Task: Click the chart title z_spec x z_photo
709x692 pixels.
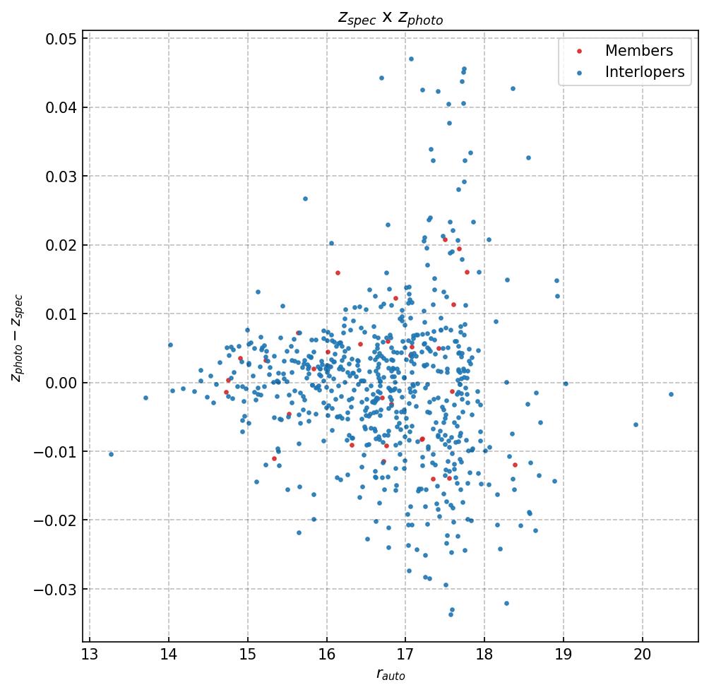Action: point(391,18)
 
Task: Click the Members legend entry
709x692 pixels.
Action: point(638,51)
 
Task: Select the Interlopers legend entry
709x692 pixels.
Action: point(644,72)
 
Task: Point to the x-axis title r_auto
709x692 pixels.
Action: point(391,675)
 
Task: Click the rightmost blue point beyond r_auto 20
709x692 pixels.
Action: point(671,394)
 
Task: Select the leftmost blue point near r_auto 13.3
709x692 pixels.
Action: point(111,454)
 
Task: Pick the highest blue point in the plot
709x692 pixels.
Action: point(411,59)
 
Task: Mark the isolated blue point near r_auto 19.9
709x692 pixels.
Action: point(636,424)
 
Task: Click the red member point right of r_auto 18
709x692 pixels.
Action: point(515,465)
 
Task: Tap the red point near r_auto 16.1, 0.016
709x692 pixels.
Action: point(338,273)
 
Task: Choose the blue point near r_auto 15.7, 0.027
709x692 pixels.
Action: point(305,198)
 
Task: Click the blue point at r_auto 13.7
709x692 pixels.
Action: point(145,398)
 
